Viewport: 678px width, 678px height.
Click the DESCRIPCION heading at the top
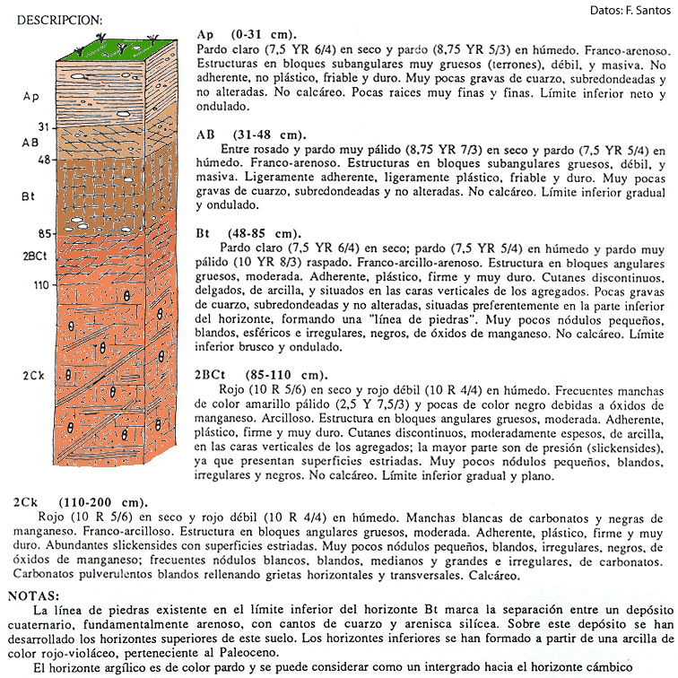tap(59, 20)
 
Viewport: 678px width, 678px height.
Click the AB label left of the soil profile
tap(30, 142)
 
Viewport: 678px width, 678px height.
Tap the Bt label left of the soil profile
tap(30, 195)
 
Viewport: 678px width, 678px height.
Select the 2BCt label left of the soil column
tap(34, 255)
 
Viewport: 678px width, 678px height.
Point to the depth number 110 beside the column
tap(39, 285)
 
